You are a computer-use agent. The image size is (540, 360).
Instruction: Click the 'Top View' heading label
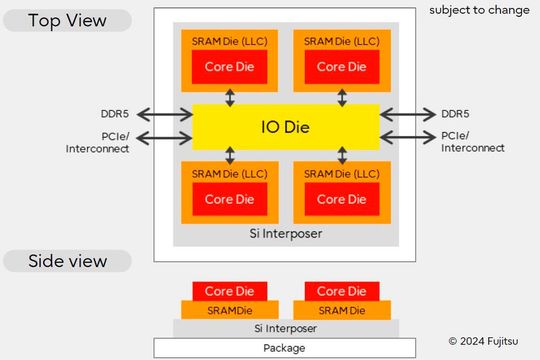click(66, 20)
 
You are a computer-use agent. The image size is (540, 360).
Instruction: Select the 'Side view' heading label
click(66, 262)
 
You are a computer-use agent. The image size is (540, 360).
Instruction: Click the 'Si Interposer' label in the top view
click(286, 232)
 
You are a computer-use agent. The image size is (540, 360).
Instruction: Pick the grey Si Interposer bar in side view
click(284, 328)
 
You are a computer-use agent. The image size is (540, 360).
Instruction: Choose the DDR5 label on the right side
click(455, 112)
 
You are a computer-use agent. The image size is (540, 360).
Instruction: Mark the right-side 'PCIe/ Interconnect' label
click(471, 141)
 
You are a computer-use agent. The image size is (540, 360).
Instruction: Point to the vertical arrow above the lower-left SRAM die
click(231, 154)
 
